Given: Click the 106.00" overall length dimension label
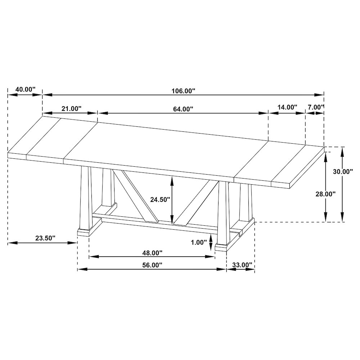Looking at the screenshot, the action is (183, 91).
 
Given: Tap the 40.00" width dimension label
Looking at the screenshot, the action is (25, 89).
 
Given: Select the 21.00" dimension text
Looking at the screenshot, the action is (71, 109).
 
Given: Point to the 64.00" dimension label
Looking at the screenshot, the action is (183, 109).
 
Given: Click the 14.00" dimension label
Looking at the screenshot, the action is (287, 107).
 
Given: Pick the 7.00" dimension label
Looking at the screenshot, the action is (316, 107).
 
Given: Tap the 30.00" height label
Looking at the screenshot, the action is (343, 171).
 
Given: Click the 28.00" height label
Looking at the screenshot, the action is (325, 194).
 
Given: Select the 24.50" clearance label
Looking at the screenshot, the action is (160, 199).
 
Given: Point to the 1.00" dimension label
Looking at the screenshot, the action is (199, 242).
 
